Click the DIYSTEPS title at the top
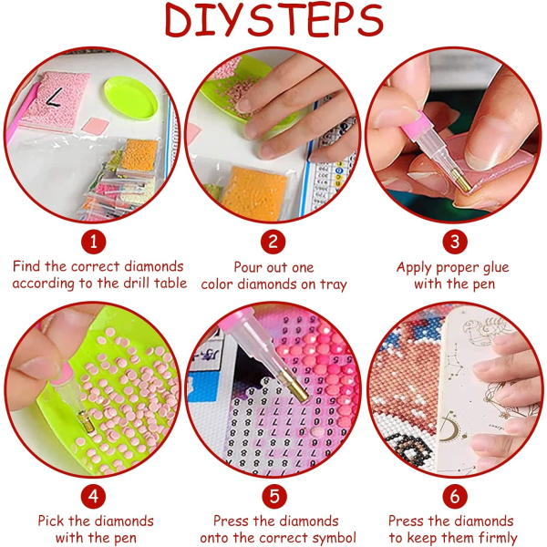273,20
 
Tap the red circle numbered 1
94,242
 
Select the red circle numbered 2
273,242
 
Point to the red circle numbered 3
455,242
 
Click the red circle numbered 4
94,496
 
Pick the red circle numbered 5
274,496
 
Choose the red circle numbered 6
455,496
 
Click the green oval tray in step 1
130,98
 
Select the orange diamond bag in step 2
254,193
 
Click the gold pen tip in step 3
461,181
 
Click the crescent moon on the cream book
447,428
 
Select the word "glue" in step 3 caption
495,268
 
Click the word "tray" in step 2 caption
334,285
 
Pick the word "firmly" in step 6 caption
498,538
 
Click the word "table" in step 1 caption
170,283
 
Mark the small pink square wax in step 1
96,126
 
